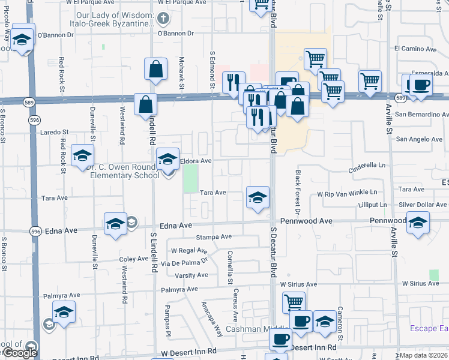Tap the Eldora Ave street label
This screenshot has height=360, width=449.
(x=196, y=161)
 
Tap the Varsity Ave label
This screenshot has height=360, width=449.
(x=191, y=275)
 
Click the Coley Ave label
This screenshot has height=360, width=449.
(x=133, y=259)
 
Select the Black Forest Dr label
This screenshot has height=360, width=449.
(x=297, y=191)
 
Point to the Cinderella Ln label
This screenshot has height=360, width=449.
(x=367, y=164)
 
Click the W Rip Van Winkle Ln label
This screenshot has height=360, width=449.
(x=348, y=193)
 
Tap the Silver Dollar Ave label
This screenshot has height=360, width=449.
(x=423, y=205)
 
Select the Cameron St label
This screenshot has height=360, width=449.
(x=339, y=317)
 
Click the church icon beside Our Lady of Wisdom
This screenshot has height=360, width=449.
(x=161, y=19)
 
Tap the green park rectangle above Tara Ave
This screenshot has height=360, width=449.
(x=190, y=178)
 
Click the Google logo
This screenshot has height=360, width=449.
(x=20, y=352)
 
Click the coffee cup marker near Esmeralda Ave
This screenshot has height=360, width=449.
(x=420, y=86)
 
